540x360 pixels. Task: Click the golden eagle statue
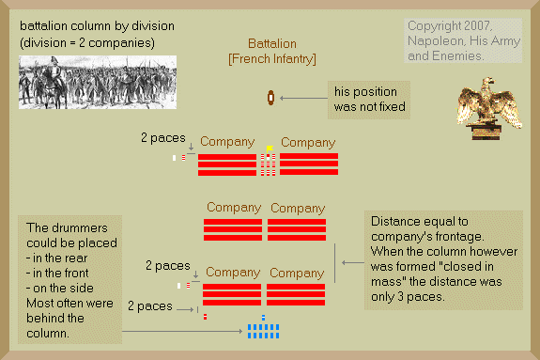(489, 108)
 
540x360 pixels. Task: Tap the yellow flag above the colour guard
(270, 149)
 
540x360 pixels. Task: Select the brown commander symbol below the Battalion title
(271, 98)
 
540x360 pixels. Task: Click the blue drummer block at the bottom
(264, 331)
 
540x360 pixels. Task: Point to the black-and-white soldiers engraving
(98, 82)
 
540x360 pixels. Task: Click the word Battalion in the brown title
(272, 44)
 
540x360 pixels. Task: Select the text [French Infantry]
(272, 59)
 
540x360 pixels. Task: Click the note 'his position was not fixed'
(369, 100)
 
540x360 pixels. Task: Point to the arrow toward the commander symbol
(303, 99)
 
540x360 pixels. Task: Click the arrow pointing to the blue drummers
(182, 332)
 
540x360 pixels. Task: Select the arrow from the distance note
(353, 263)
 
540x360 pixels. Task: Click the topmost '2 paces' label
(163, 138)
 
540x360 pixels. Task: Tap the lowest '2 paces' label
(150, 306)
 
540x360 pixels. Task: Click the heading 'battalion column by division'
(97, 26)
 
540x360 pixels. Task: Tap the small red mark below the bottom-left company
(206, 317)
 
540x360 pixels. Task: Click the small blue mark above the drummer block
(264, 318)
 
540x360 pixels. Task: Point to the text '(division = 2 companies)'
(87, 43)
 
